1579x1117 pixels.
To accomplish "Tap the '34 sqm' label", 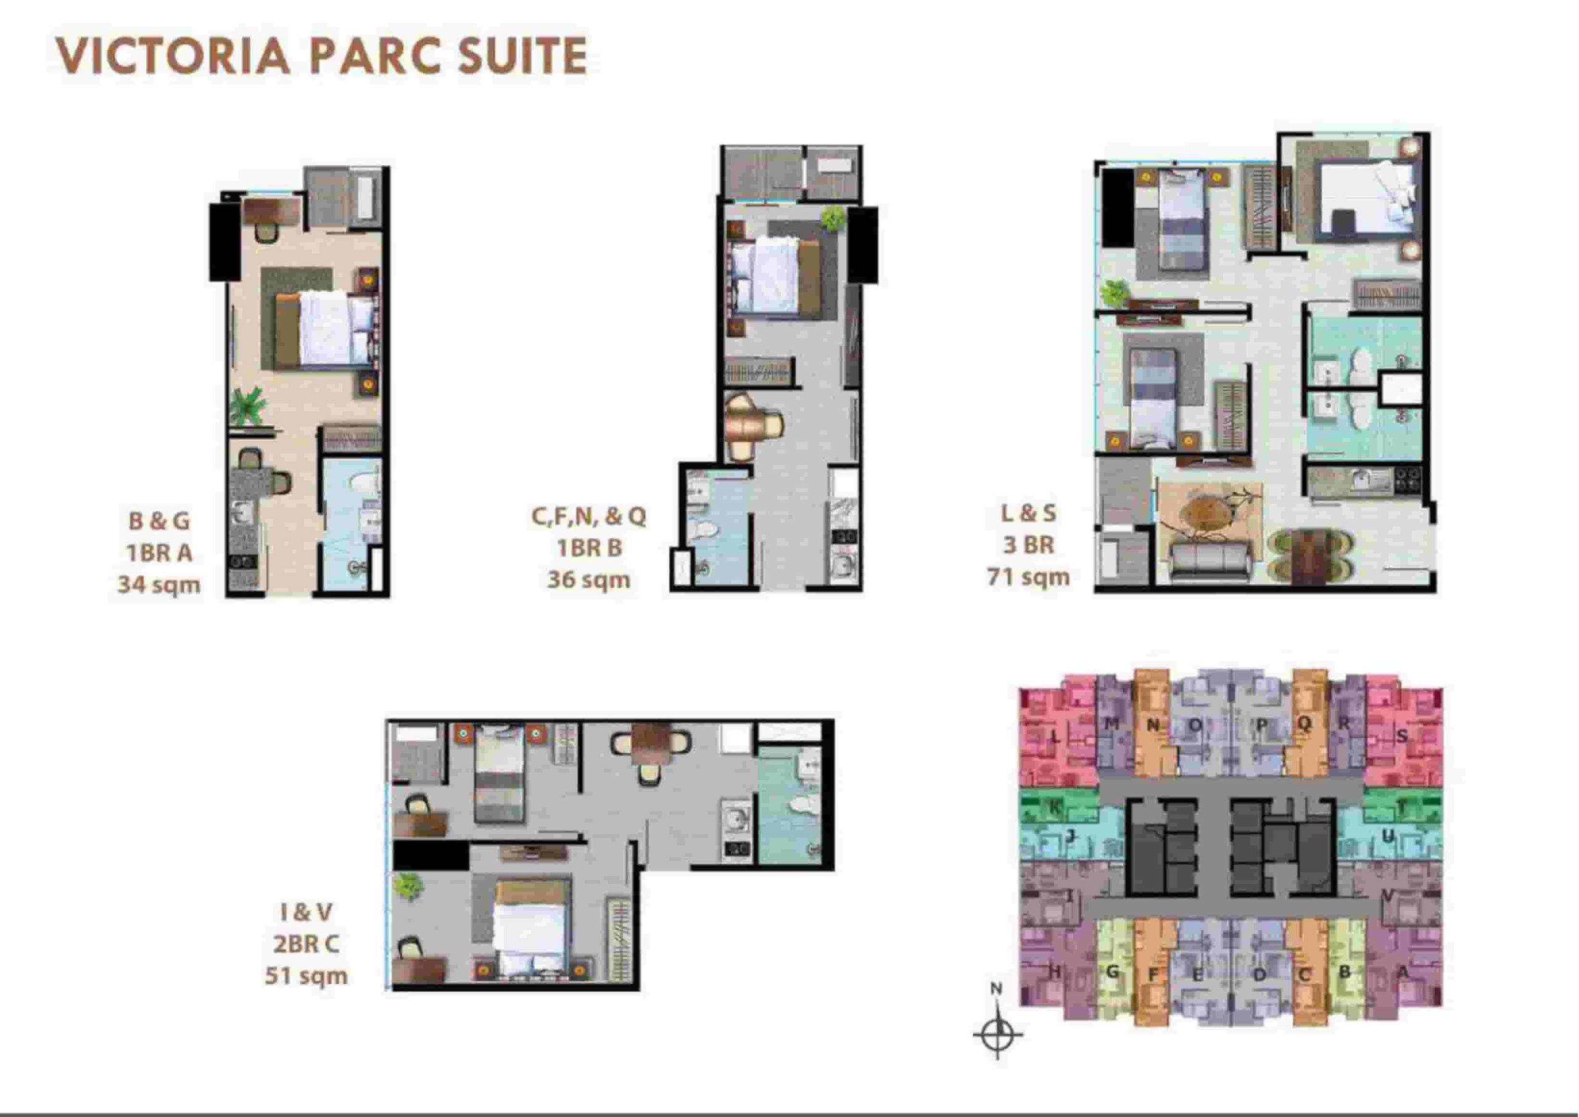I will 159,584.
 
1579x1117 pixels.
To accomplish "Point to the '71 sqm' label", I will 1029,576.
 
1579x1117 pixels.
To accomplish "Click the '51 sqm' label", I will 306,975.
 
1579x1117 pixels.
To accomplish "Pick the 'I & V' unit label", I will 305,912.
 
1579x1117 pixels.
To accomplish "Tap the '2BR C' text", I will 305,944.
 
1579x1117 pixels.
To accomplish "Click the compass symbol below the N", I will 997,1033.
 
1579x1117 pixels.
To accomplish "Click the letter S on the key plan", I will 1402,736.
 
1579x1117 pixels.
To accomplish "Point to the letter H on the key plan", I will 1054,972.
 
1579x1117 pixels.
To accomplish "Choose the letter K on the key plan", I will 1053,808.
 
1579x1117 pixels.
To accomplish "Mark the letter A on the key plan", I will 1402,973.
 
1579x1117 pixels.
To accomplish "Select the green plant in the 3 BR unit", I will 1113,292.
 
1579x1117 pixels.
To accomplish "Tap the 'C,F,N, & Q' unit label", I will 588,516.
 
